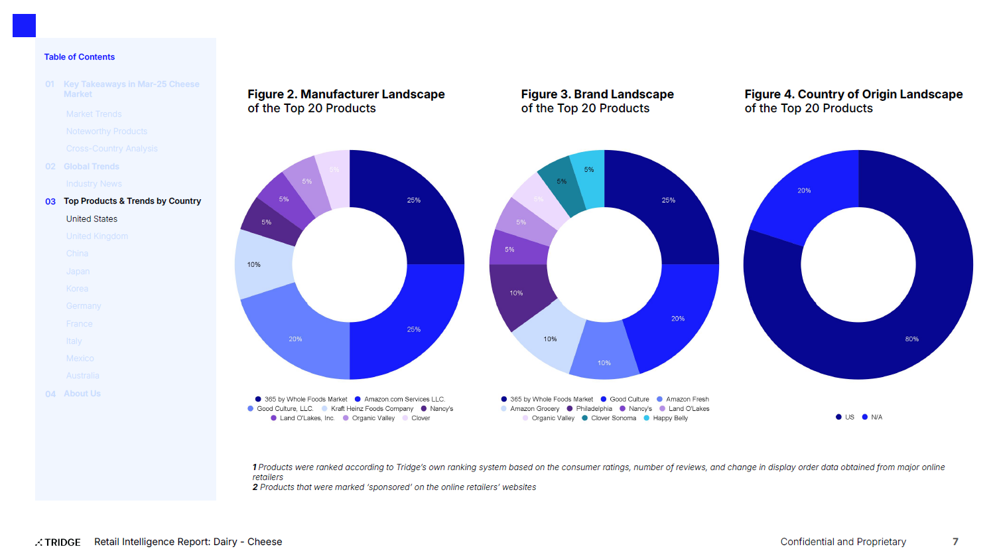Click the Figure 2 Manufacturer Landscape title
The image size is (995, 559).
(x=346, y=101)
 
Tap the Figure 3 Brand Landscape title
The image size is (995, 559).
(x=597, y=101)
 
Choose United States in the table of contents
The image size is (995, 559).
(x=92, y=219)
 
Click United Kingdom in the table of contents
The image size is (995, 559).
(x=97, y=236)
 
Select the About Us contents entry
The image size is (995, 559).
(x=82, y=394)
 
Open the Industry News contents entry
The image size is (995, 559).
(x=94, y=184)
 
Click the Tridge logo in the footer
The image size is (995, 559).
(x=58, y=542)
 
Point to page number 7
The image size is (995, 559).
(x=955, y=542)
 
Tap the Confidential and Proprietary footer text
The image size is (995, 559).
(x=842, y=542)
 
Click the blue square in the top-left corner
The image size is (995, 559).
(x=24, y=25)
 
